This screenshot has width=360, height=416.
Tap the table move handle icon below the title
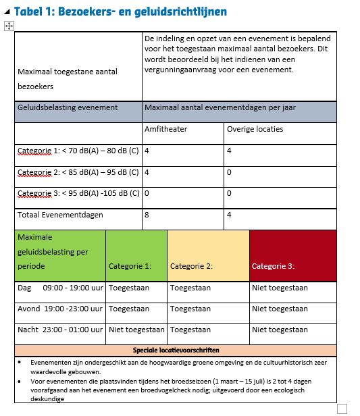click(9, 26)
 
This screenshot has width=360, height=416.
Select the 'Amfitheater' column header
click(165, 129)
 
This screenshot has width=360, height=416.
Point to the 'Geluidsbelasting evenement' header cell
click(67, 107)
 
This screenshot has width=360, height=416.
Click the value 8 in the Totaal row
click(147, 215)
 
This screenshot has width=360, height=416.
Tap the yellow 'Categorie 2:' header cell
click(191, 266)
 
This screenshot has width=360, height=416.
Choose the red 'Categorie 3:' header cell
click(273, 266)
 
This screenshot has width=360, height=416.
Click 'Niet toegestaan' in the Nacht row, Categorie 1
click(136, 330)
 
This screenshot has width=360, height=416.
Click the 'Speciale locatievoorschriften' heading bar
click(175, 350)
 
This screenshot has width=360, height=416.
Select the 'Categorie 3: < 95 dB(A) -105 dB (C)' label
click(78, 193)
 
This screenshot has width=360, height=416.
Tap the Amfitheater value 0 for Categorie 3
click(147, 193)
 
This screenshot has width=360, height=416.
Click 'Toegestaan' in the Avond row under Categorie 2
click(190, 309)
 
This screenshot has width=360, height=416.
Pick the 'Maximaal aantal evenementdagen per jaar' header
click(220, 107)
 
